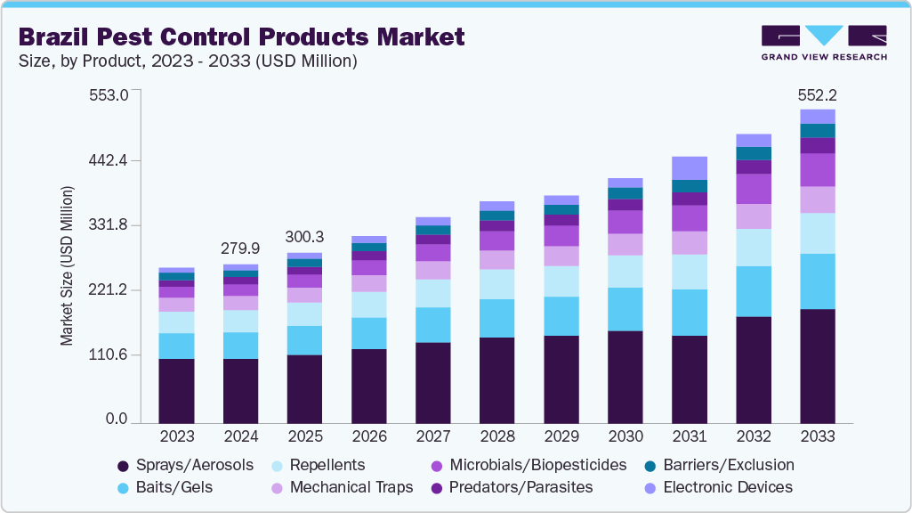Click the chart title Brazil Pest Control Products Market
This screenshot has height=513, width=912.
coord(241,37)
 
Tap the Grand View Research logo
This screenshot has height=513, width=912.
coord(823,42)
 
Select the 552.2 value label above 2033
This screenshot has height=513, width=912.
coord(817,94)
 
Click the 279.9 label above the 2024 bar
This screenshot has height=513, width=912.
coord(240,247)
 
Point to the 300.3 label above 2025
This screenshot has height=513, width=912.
coord(304,237)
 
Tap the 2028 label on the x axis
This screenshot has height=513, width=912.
coord(496,437)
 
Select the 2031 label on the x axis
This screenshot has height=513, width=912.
coord(689,437)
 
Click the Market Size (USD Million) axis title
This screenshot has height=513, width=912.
coord(67,265)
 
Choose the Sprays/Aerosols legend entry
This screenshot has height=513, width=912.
coord(185,466)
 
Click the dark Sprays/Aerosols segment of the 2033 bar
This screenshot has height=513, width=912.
coord(817,365)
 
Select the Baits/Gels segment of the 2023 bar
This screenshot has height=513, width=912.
coord(176,346)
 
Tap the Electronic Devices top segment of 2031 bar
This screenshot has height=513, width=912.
coord(689,167)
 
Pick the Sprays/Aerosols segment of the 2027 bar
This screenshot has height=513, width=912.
coord(432,382)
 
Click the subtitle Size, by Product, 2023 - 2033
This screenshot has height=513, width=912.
coord(188,61)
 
